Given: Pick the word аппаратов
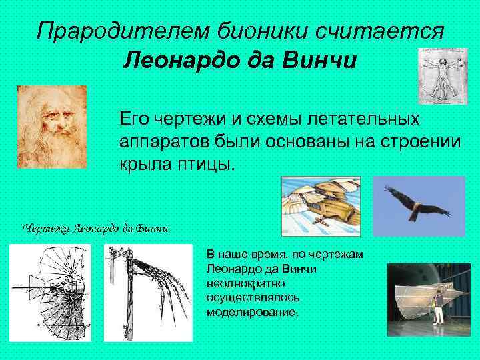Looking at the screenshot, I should [x=163, y=141].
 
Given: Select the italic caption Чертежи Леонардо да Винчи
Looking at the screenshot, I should [x=96, y=229].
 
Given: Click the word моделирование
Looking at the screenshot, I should [x=253, y=312].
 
